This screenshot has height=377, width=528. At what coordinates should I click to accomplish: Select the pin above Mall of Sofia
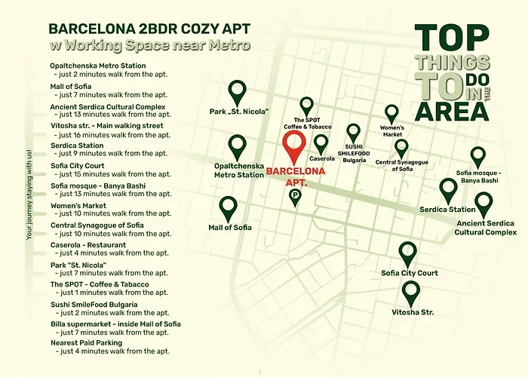pyautogui.click(x=228, y=207)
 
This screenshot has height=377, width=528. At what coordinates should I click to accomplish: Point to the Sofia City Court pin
pyautogui.click(x=407, y=254)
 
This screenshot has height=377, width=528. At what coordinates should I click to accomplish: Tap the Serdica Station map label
pyautogui.click(x=447, y=210)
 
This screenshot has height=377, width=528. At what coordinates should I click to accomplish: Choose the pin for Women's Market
pyautogui.click(x=391, y=115)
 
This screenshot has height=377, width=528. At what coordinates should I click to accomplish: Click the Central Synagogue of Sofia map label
pyautogui.click(x=401, y=165)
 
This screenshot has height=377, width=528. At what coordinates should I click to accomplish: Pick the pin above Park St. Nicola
pyautogui.click(x=238, y=93)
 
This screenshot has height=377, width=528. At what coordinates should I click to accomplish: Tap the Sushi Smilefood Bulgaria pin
pyautogui.click(x=353, y=134)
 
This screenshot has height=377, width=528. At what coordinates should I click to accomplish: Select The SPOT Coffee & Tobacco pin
pyautogui.click(x=306, y=107)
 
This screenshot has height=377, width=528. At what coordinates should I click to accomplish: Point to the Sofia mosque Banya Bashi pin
pyautogui.click(x=477, y=158)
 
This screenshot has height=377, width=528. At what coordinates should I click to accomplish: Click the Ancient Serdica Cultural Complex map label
pyautogui.click(x=485, y=228)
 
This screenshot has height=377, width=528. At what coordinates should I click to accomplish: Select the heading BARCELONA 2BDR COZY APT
pyautogui.click(x=149, y=29)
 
